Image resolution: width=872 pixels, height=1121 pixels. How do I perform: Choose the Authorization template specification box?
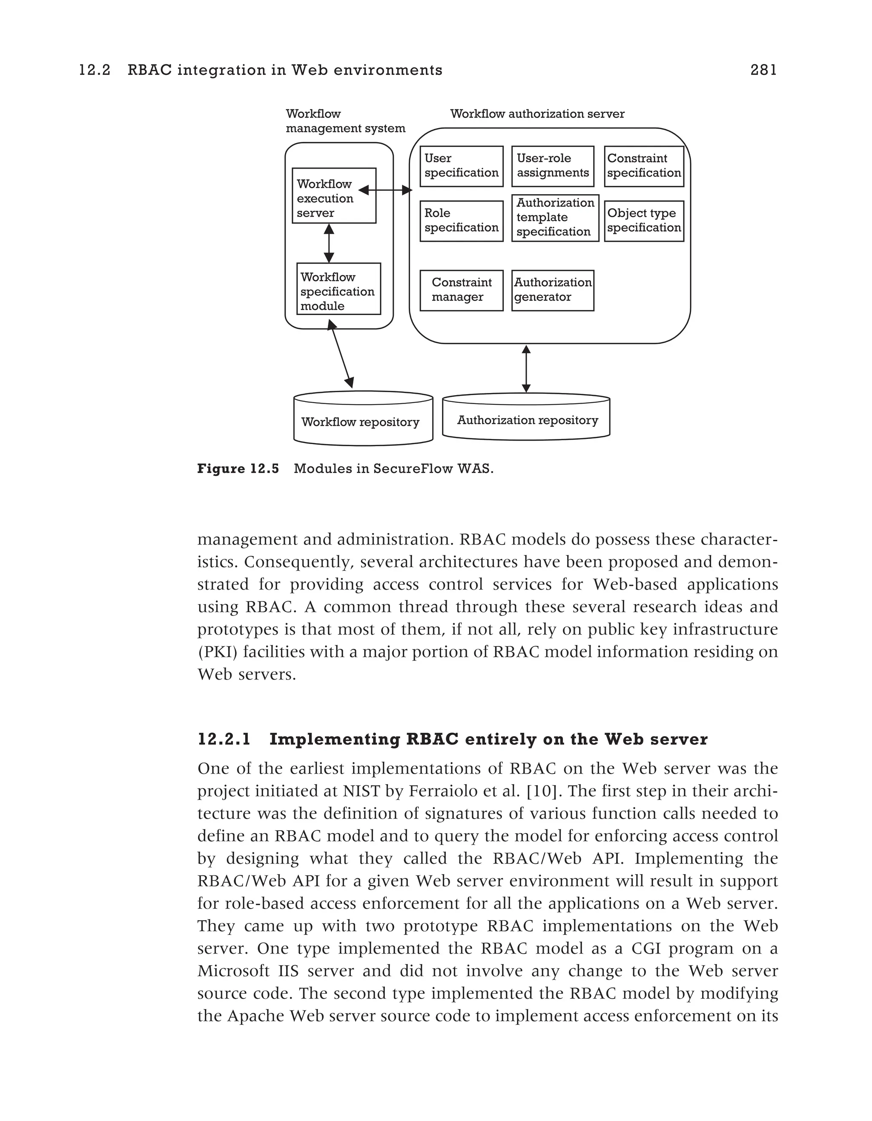click(555, 218)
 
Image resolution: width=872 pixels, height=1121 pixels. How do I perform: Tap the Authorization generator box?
click(553, 290)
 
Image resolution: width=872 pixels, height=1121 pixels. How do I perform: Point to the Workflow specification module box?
click(338, 289)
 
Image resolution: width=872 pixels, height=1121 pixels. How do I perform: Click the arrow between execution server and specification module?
click(329, 243)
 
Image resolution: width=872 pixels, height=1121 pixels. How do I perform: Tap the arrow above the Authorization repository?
click(525, 369)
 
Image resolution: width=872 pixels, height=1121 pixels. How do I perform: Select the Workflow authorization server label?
click(537, 114)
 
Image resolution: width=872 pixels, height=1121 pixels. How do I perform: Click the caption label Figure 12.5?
click(238, 469)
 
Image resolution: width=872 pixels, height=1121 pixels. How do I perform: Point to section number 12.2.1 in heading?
click(224, 740)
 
